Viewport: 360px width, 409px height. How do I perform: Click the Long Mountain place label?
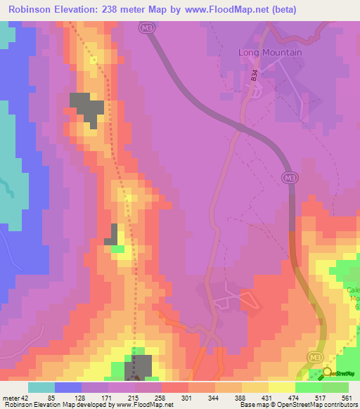click(270, 53)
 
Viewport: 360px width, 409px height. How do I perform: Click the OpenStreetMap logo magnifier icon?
click(325, 372)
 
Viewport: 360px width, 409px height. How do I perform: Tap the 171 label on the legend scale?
click(105, 398)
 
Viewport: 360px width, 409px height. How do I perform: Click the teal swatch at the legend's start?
click(41, 387)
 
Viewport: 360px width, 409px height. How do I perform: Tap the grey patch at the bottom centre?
click(139, 368)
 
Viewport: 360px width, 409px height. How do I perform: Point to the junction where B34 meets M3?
click(241, 127)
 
